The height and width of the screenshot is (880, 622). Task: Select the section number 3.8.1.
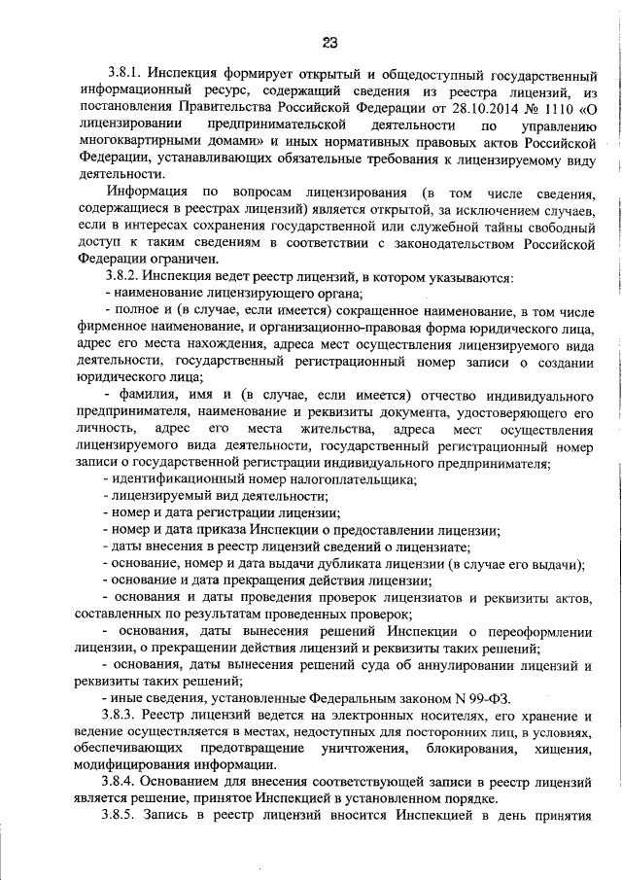tap(128, 74)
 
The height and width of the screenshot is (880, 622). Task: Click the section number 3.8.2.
tap(128, 277)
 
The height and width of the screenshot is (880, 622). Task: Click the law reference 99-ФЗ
tap(484, 698)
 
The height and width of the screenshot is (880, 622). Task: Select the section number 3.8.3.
tap(128, 716)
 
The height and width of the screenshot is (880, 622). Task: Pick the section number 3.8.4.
tap(128, 782)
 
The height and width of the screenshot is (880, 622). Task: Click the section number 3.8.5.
tap(128, 816)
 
